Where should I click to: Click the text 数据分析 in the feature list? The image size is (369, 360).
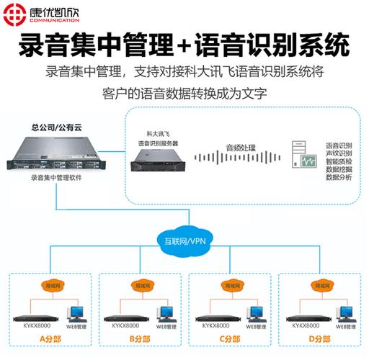point(339,176)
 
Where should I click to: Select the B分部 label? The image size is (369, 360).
point(141,338)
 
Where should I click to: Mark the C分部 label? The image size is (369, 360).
point(231,338)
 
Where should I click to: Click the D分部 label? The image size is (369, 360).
point(319,338)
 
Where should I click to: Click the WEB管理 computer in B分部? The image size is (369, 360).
point(165,314)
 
